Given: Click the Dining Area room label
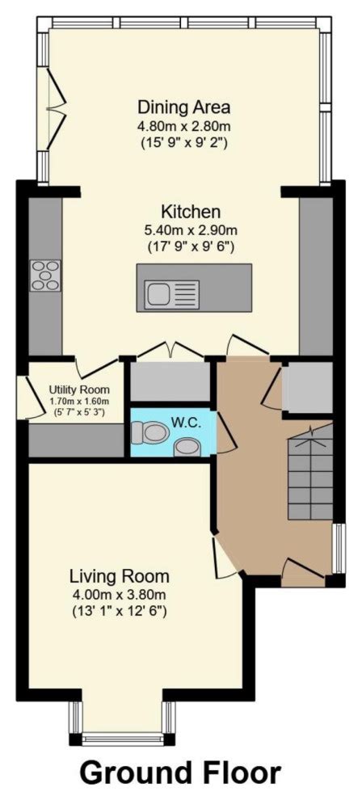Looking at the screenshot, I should click(184, 107).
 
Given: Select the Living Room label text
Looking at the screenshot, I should click(120, 576).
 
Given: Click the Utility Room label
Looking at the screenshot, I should click(78, 389).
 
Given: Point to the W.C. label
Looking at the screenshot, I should click(186, 423).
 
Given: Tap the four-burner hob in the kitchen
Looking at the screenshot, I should click(45, 275).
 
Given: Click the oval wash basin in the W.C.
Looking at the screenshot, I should click(188, 445).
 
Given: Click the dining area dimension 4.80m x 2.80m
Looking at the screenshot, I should click(184, 125).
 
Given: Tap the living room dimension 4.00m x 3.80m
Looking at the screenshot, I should click(120, 594).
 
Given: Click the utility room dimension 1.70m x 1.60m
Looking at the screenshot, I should click(78, 401).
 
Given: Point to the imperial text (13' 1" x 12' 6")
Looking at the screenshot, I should click(120, 611).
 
